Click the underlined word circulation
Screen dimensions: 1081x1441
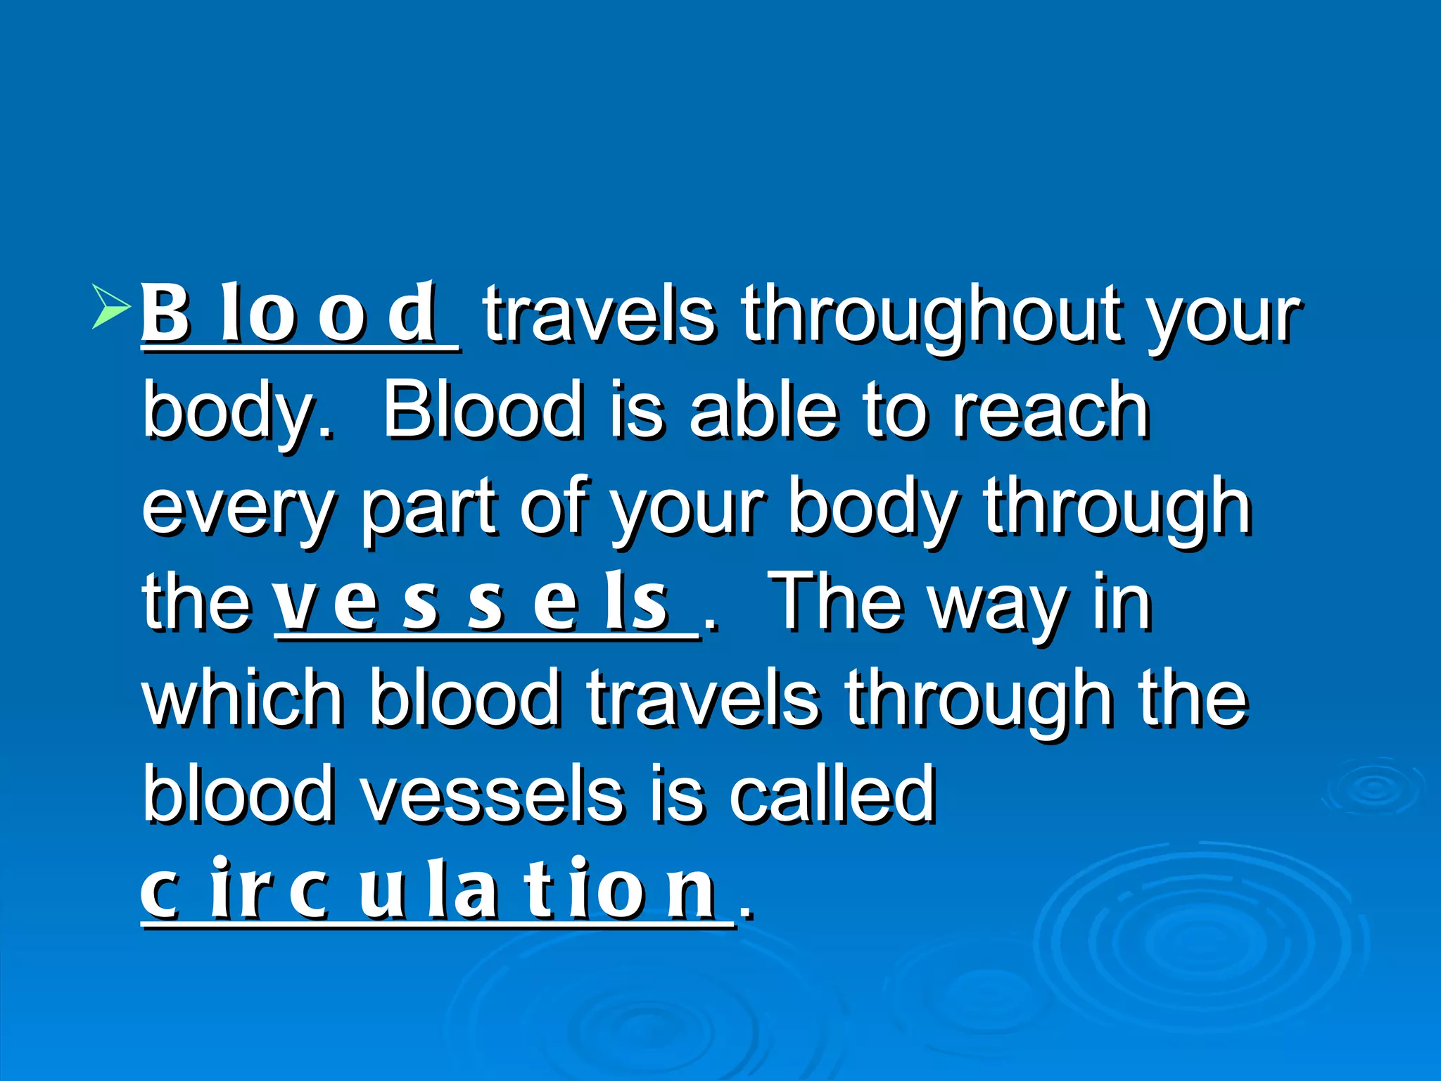click(x=429, y=890)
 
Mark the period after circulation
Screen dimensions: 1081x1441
click(x=747, y=914)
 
